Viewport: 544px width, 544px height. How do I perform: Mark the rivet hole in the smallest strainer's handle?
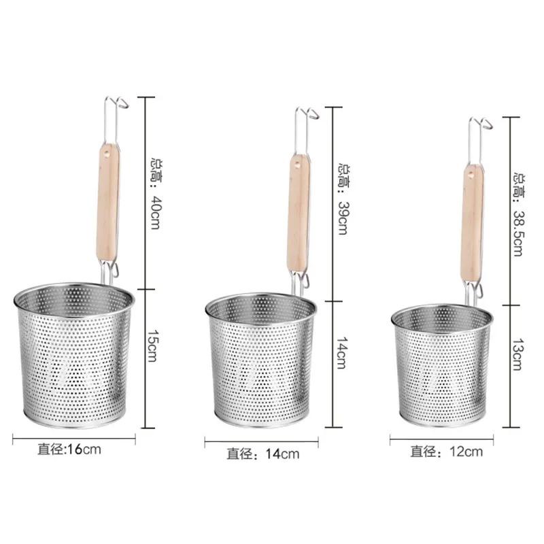pyautogui.click(x=469, y=178)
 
